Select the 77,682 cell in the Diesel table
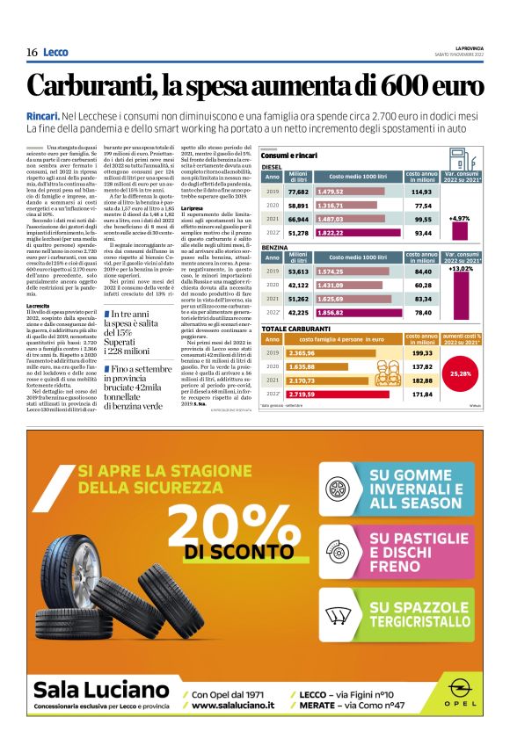pyautogui.click(x=297, y=192)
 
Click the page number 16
pyautogui.click(x=32, y=52)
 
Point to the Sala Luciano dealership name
pyautogui.click(x=96, y=688)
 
